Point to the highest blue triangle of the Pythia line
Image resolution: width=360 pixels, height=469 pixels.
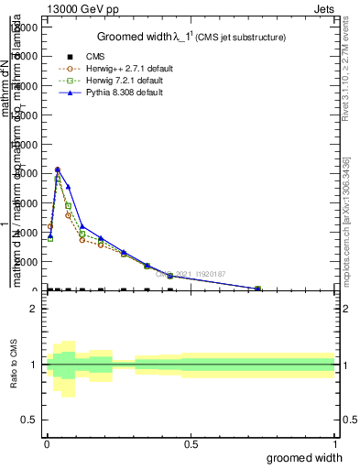(x=58, y=169)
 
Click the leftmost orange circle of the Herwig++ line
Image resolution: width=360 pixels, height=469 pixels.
(x=50, y=226)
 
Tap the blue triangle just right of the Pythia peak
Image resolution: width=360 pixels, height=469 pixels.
(x=68, y=187)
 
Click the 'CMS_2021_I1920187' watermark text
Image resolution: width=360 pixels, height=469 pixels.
(x=195, y=273)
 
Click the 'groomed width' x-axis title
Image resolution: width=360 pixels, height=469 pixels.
(x=305, y=457)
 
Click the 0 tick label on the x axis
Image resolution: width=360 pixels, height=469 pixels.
(x=47, y=444)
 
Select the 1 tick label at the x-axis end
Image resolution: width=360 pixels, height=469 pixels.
(x=334, y=444)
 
